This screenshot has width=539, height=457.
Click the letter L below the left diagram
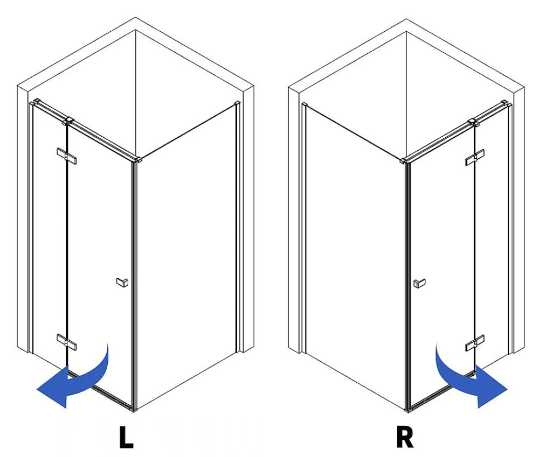126,437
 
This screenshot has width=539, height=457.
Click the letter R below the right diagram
405,437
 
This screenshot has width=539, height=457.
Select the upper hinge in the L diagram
67,156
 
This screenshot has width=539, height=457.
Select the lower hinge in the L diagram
67,342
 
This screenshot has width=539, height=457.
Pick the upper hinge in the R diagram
475,158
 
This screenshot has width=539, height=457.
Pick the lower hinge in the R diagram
475,343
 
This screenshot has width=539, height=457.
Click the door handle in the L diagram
122,282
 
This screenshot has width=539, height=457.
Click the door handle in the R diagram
419,283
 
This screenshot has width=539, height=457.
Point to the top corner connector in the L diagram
139,160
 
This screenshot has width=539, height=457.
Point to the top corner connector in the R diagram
404,160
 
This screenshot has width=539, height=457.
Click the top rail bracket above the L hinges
68,121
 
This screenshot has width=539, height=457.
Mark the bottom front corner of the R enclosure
407,411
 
